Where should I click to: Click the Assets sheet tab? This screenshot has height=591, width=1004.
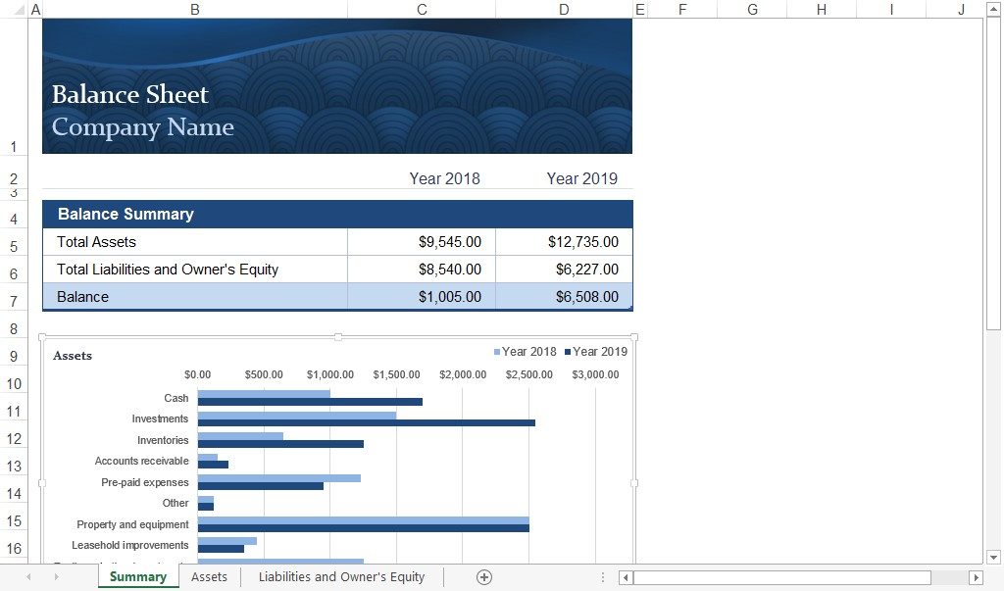209,577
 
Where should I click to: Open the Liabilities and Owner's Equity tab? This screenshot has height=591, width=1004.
341,577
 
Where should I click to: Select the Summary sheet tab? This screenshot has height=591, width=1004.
137,577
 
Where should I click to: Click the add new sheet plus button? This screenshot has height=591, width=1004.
483,577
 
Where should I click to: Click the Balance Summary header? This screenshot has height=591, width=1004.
125,215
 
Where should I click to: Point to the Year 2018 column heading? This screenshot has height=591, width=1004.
444,178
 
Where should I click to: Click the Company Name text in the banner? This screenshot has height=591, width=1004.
142,127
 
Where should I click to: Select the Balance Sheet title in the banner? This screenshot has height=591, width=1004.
129,94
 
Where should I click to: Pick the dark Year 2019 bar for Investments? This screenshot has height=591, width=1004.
366,423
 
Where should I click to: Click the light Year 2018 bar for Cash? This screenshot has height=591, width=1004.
264,394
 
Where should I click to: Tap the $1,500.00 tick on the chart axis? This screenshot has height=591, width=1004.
396,375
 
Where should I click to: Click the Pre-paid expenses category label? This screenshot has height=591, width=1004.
144,482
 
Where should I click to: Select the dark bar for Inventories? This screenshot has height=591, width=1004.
280,444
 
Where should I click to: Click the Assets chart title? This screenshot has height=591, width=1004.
73,356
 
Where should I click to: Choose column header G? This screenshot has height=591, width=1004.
752,9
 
